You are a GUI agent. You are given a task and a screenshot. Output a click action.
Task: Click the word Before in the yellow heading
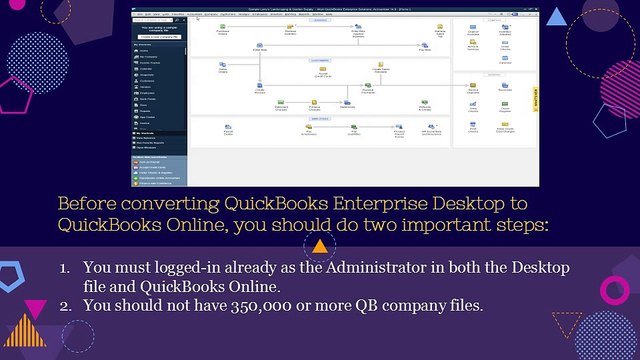coord(83,203)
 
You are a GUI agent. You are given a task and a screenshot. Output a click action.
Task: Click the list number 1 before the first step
coord(65,268)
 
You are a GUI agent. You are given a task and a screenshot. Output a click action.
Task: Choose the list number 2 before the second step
coord(65,304)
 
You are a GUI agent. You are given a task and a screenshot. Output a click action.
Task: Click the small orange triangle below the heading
coord(319,246)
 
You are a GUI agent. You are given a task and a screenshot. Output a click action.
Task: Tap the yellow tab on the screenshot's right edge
coord(535,98)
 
